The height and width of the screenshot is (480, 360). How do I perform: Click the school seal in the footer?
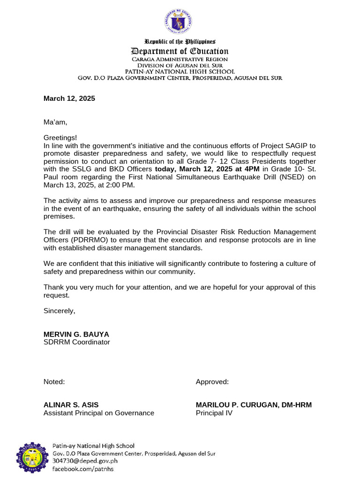(x=32, y=457)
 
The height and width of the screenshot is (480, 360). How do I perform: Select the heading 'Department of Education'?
(x=180, y=51)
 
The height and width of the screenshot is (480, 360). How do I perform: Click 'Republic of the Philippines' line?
(x=180, y=42)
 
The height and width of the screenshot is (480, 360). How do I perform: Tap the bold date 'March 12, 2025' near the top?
(x=69, y=98)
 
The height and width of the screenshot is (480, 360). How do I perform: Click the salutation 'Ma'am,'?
(x=55, y=122)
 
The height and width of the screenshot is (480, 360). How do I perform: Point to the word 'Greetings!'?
(x=60, y=138)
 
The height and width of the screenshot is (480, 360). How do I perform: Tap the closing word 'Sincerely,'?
(x=59, y=311)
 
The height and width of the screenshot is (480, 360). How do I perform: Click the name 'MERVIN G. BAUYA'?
(x=76, y=334)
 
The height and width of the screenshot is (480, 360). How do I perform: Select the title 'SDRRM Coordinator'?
(x=76, y=342)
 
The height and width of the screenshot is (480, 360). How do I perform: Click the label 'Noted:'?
(x=54, y=382)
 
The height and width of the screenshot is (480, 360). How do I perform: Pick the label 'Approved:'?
(x=212, y=382)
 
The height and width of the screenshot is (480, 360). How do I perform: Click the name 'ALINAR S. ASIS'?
(x=71, y=405)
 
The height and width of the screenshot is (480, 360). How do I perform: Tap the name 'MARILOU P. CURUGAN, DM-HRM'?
(x=253, y=405)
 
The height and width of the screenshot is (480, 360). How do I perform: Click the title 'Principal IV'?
(x=213, y=413)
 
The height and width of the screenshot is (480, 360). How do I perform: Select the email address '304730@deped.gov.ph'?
(x=84, y=461)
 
